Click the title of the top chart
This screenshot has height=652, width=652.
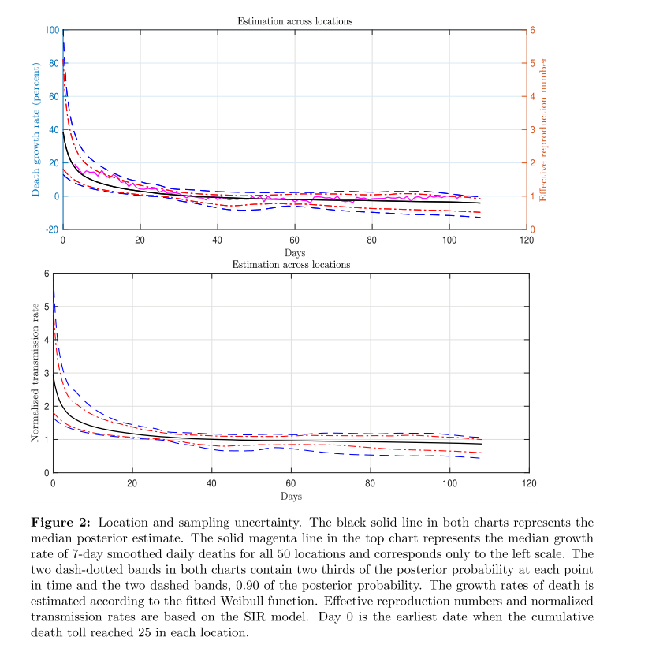[295, 20]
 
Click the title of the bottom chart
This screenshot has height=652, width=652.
[291, 264]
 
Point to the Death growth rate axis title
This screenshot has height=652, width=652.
[36, 129]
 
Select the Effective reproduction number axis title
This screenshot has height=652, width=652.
[543, 129]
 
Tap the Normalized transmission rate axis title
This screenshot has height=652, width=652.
[35, 373]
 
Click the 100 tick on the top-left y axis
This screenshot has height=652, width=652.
[53, 30]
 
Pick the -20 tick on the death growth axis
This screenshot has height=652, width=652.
[52, 229]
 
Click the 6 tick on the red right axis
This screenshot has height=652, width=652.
[532, 30]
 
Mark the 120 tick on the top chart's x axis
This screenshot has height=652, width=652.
[526, 240]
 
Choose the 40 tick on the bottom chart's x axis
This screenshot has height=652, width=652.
[211, 483]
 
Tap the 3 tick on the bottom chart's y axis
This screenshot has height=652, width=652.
[46, 373]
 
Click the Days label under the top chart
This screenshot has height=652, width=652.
[295, 253]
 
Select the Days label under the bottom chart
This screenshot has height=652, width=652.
[291, 496]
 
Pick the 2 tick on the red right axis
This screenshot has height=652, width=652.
[532, 163]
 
